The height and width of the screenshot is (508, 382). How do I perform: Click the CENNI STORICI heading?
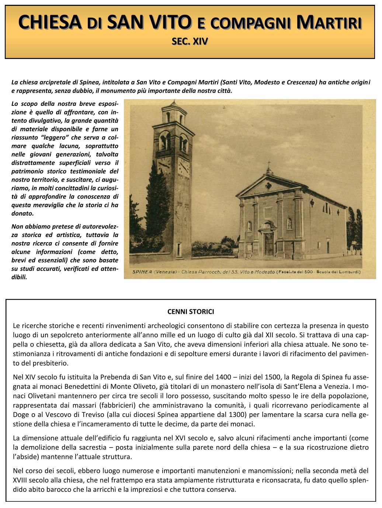pyautogui.click(x=191, y=312)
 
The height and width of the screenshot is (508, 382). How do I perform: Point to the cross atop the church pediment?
pyautogui.click(x=269, y=165)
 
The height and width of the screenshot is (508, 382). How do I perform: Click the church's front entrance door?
pyautogui.click(x=269, y=244)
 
